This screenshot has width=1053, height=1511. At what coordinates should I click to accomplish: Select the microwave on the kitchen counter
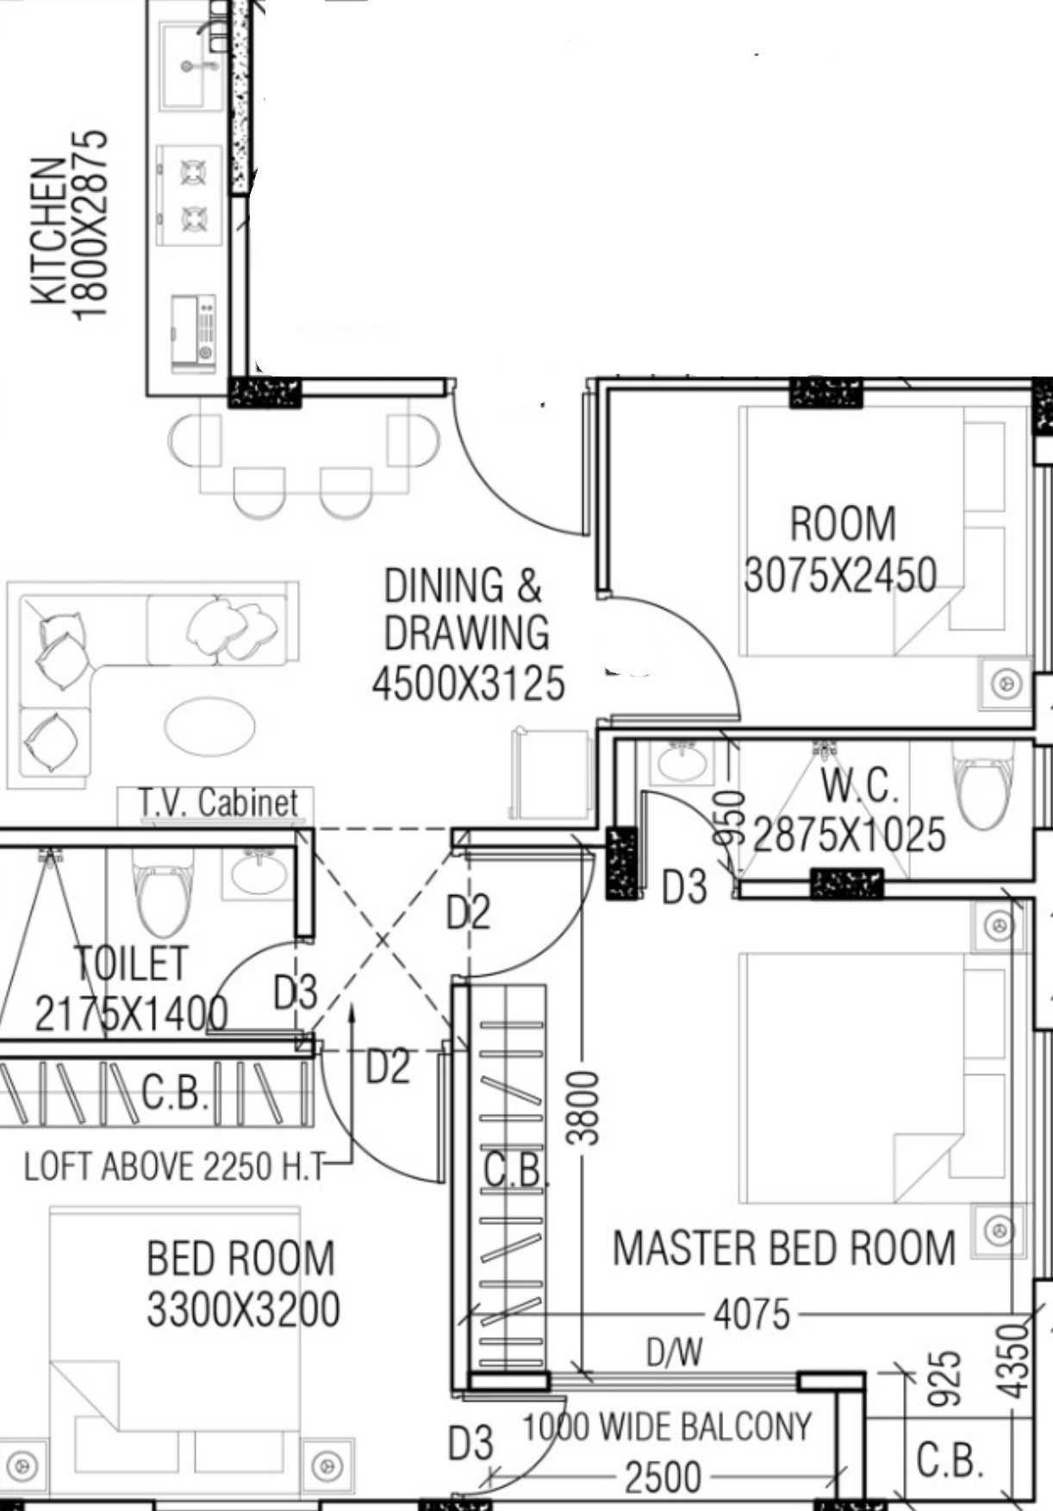coord(194,334)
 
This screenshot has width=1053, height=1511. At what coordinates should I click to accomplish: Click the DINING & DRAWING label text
coord(465,609)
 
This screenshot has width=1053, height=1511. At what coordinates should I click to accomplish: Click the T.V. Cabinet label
coord(218,803)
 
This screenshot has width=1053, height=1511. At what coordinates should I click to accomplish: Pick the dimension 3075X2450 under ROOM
coord(840,575)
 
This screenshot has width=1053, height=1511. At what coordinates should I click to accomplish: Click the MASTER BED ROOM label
coord(784,1247)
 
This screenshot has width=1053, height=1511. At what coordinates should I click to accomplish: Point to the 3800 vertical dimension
coord(584,1107)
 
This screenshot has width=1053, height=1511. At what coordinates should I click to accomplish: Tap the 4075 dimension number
coord(751,1315)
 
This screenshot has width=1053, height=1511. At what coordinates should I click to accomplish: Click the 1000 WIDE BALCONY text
coord(667,1427)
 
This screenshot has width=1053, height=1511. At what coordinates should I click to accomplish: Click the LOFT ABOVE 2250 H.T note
coord(175,1166)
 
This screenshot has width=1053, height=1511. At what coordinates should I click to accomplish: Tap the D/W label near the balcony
coord(675,1352)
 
